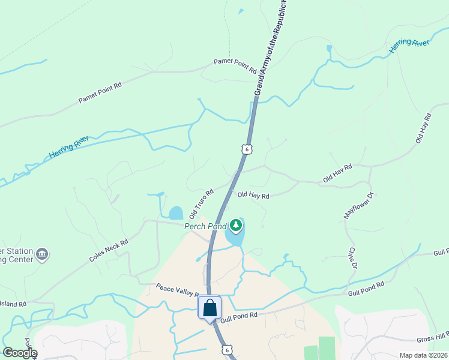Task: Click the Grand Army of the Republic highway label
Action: click(272, 47)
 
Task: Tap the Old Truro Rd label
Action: click(202, 204)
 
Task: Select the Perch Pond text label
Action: click(205, 226)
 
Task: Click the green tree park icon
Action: click(236, 226)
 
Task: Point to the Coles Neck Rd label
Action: click(109, 251)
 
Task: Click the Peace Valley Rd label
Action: click(178, 290)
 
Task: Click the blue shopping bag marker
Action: click(210, 308)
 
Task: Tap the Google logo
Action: click(20, 353)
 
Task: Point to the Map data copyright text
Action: click(424, 355)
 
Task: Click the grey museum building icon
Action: click(42, 254)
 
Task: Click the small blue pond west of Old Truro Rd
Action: click(175, 213)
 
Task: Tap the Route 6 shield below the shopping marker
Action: click(226, 349)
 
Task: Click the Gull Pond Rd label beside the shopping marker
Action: click(238, 314)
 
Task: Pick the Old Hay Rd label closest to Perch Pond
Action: click(253, 195)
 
